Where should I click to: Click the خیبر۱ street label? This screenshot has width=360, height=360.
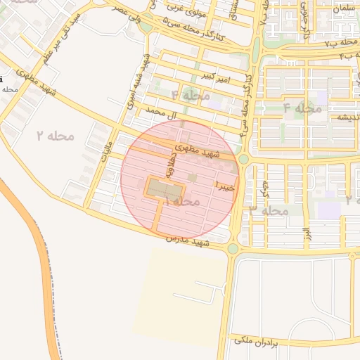[224, 188]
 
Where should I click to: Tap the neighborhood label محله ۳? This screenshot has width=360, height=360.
[269, 211]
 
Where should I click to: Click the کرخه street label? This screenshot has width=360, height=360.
[264, 188]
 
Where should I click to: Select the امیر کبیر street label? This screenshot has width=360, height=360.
[214, 75]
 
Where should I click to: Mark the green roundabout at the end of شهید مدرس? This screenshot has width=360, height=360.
[233, 248]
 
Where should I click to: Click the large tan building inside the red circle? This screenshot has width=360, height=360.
[164, 188]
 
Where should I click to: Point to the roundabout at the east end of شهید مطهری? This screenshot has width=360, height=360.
[243, 160]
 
